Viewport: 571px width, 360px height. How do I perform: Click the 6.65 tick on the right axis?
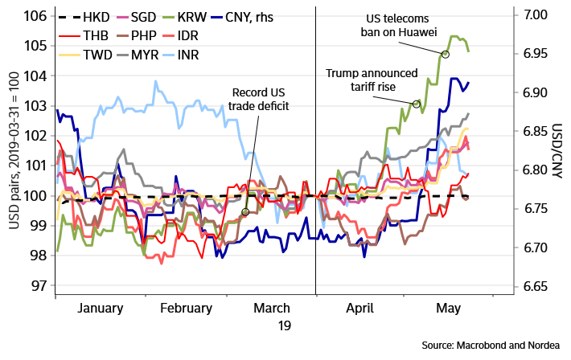coord(535,287)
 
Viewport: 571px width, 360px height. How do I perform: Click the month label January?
coord(101,308)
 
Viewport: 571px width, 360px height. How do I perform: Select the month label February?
coord(186,308)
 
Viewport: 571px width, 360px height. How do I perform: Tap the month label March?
coord(272,308)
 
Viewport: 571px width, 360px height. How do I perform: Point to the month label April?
coord(360,308)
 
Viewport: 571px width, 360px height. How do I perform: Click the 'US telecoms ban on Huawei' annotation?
coord(400,26)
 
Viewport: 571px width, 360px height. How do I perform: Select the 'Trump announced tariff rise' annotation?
coord(372,80)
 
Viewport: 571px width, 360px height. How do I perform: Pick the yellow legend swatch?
coord(70,55)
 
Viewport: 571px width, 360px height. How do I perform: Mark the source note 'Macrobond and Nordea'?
coord(491,345)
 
